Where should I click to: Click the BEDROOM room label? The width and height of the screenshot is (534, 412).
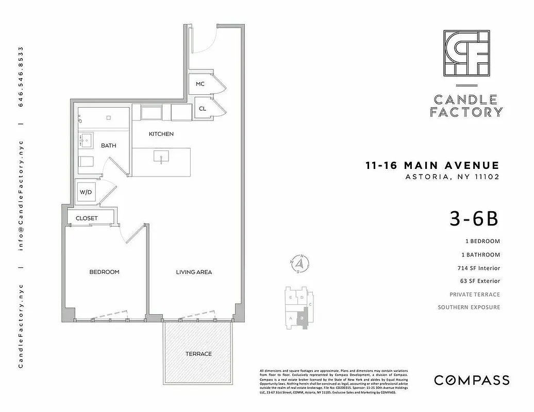(104, 272)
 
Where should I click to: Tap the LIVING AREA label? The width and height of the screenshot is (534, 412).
(194, 272)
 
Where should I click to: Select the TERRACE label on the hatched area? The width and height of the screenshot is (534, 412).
(198, 354)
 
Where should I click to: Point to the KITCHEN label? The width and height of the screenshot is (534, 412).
(161, 134)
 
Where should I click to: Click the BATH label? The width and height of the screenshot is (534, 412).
(108, 146)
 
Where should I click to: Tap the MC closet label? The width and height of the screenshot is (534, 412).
(201, 84)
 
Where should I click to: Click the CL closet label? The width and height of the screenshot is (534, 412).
(203, 109)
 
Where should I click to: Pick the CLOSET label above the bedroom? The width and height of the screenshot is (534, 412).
(87, 218)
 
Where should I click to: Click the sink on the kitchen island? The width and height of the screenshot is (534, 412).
(161, 156)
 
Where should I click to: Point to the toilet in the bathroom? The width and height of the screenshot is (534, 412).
(86, 161)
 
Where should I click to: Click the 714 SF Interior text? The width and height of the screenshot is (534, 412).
(478, 268)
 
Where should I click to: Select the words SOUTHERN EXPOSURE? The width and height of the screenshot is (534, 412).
(469, 307)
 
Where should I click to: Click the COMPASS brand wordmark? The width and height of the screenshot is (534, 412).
(472, 380)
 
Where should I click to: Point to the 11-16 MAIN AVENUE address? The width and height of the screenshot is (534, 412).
(432, 166)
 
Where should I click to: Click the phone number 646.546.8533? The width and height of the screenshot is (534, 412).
(21, 77)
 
